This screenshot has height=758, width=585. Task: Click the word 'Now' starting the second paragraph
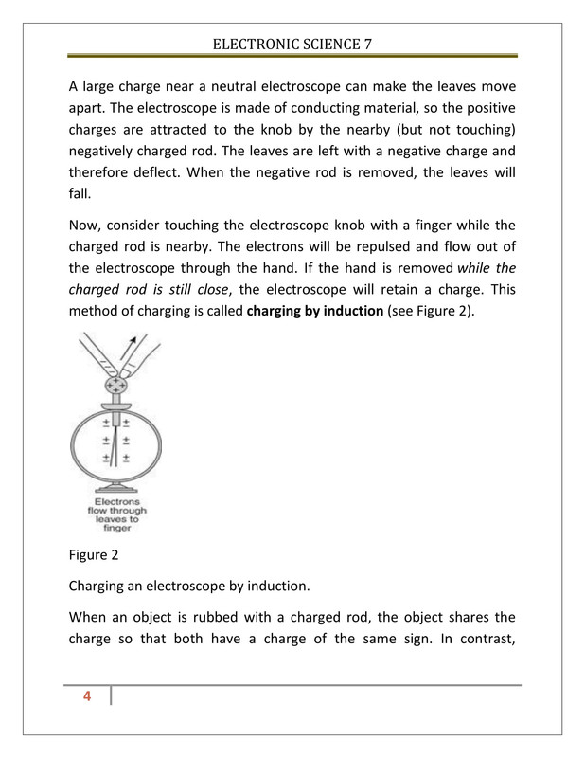coord(86,226)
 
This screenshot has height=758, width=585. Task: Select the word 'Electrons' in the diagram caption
coord(117,501)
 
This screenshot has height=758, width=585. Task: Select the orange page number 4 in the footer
coord(87,697)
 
